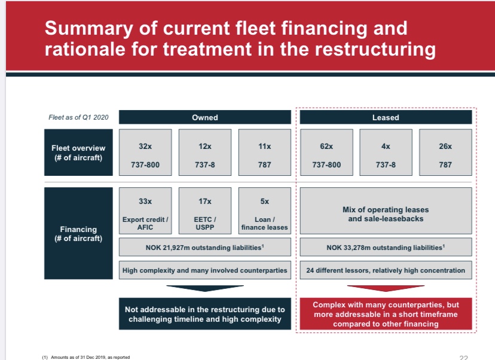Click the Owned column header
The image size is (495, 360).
[204, 117]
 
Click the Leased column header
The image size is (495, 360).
[385, 117]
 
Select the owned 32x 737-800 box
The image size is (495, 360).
[145, 154]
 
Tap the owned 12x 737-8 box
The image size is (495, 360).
[204, 154]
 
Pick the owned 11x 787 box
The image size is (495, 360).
[264, 154]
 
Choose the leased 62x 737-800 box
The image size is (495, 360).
[326, 154]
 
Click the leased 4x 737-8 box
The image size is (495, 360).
[386, 154]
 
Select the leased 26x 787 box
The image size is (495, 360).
[445, 154]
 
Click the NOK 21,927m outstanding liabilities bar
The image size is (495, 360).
[204, 247]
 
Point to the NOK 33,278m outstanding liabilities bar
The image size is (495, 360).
[386, 247]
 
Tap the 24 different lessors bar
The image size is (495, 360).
[386, 270]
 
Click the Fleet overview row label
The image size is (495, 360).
[78, 152]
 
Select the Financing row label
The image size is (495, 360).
[78, 233]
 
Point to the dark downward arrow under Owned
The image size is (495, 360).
[204, 288]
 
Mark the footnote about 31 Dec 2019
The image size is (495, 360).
[86, 357]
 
